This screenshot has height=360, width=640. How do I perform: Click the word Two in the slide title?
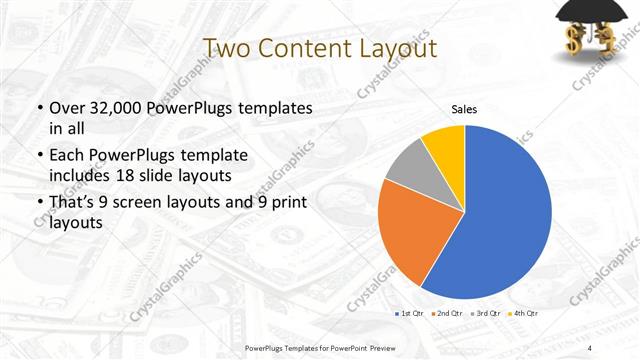(x=227, y=48)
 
